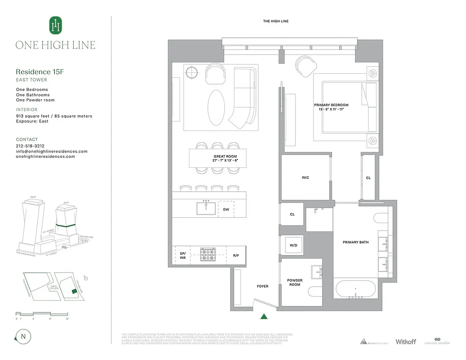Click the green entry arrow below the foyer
point(264,316)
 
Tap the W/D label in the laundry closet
point(293,246)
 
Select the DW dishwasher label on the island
point(226,209)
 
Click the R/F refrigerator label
point(236,256)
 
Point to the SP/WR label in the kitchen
point(183,256)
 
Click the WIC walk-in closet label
point(305,178)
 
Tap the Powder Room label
point(295,282)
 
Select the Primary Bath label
point(355,243)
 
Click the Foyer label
point(262,286)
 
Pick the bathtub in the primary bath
point(355,289)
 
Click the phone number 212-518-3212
point(30,146)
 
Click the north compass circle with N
point(22,336)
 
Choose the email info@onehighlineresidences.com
point(52,152)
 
